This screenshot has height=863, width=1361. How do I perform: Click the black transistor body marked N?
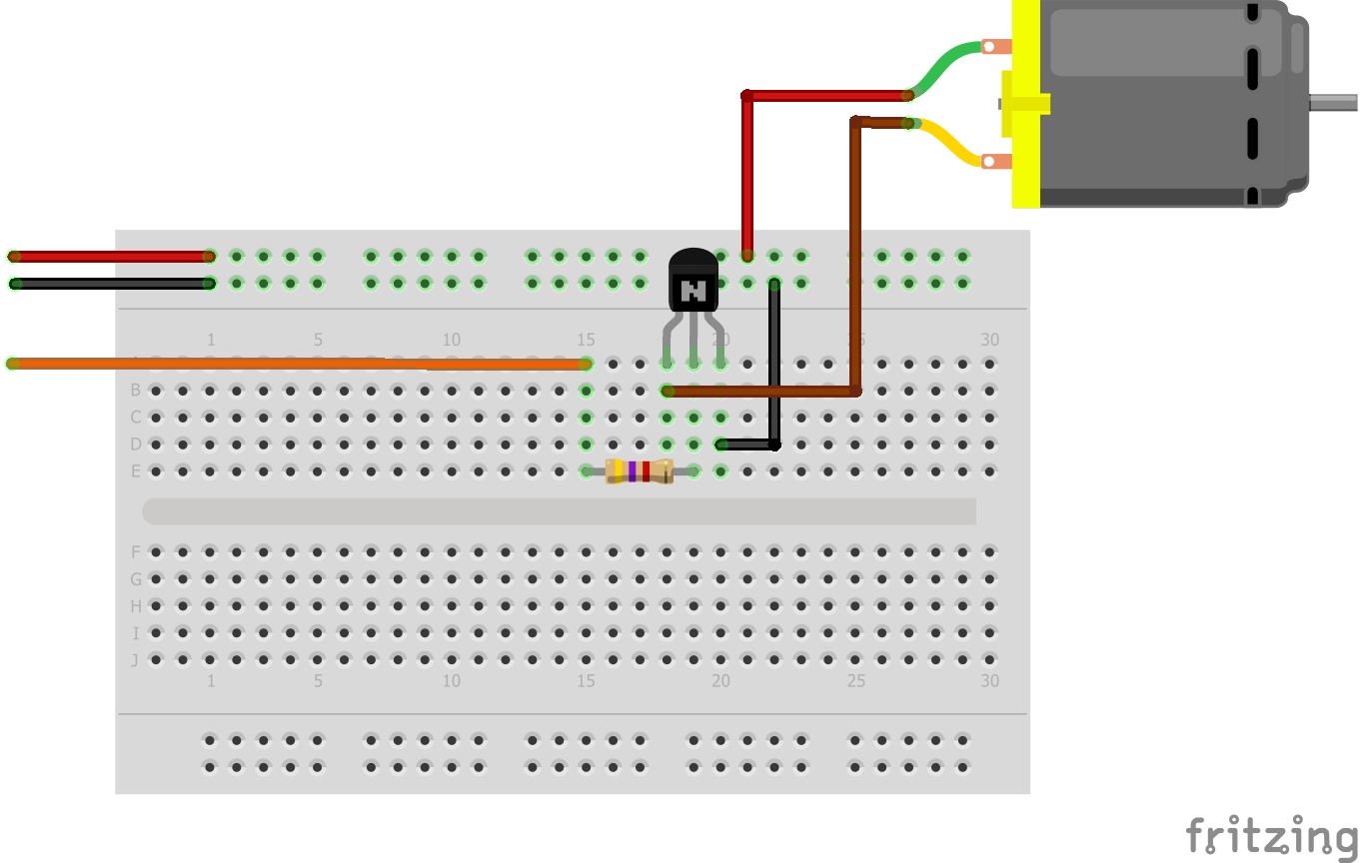coord(693,280)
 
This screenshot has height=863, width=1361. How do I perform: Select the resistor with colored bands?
coord(639,471)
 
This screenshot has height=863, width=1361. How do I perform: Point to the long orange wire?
coord(300,364)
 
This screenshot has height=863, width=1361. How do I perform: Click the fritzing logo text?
coord(1272,836)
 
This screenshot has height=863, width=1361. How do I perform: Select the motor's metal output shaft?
coord(1334,102)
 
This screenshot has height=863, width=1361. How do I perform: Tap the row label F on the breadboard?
coord(136,552)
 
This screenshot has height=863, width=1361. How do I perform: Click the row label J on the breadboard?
coord(136,660)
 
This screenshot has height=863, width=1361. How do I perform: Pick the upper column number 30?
coord(989,340)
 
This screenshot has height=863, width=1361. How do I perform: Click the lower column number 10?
coord(452,681)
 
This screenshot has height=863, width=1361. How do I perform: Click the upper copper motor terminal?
coord(996,46)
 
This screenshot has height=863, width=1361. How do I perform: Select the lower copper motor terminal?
coord(996,161)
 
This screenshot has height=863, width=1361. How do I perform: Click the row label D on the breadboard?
coord(136,443)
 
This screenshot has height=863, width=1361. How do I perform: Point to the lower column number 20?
coord(720,681)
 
